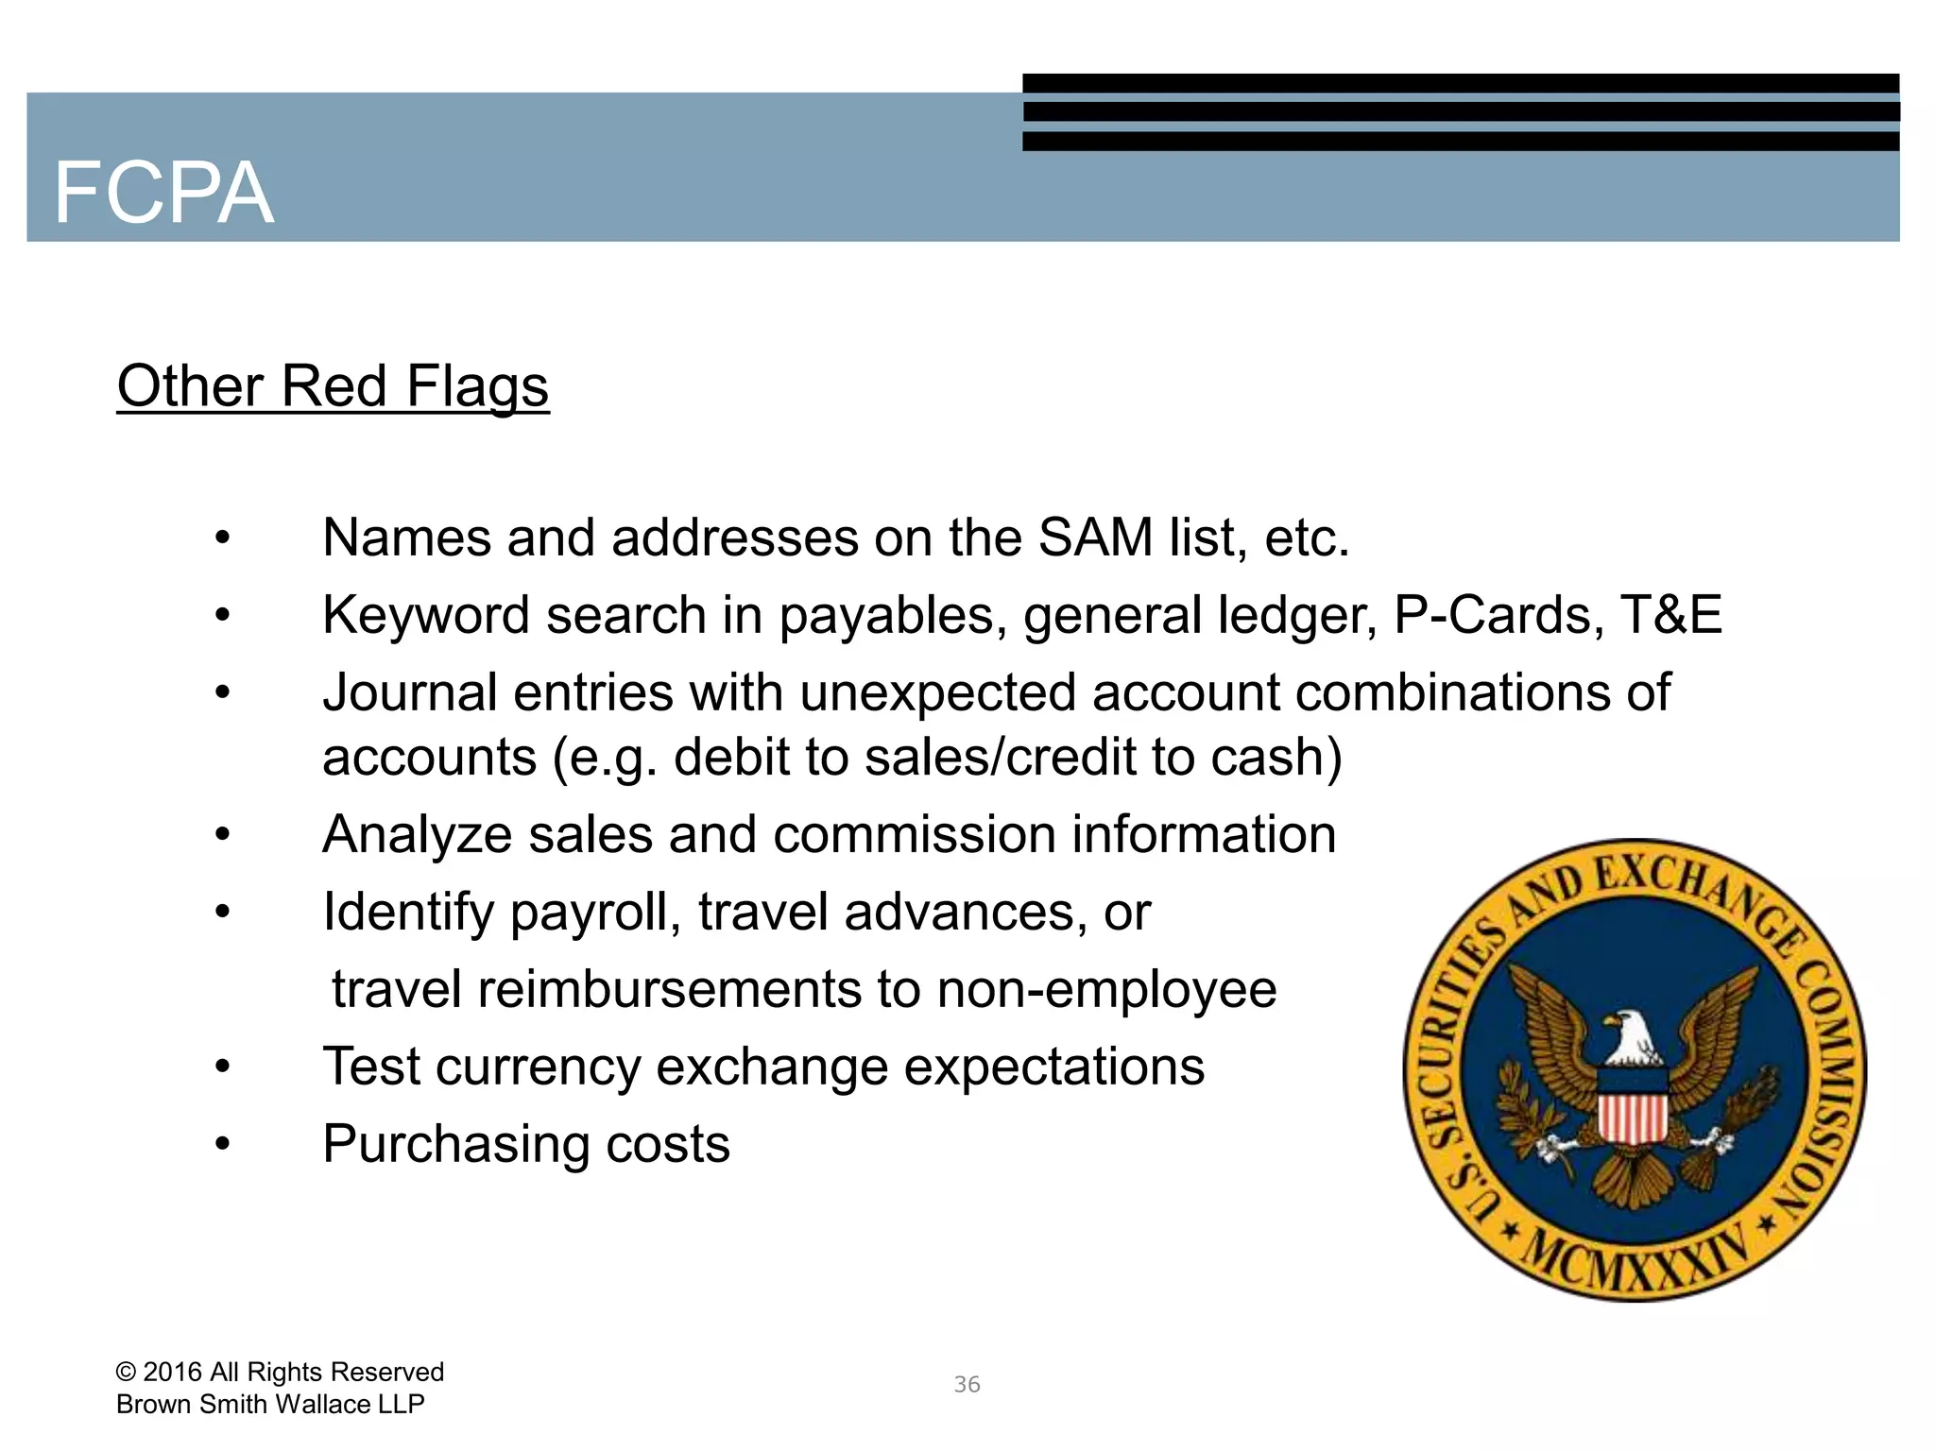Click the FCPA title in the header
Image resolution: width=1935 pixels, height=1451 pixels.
(163, 193)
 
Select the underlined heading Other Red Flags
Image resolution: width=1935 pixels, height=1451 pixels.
(333, 386)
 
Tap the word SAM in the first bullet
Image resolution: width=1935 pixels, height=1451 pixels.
(1095, 538)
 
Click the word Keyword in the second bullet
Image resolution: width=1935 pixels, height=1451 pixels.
(425, 615)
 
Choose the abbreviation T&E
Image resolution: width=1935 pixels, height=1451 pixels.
(1671, 615)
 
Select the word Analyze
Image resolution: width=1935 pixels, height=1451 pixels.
(417, 835)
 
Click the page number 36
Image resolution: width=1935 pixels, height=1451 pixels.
(967, 1385)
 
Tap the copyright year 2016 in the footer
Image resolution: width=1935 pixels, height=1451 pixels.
(172, 1372)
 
